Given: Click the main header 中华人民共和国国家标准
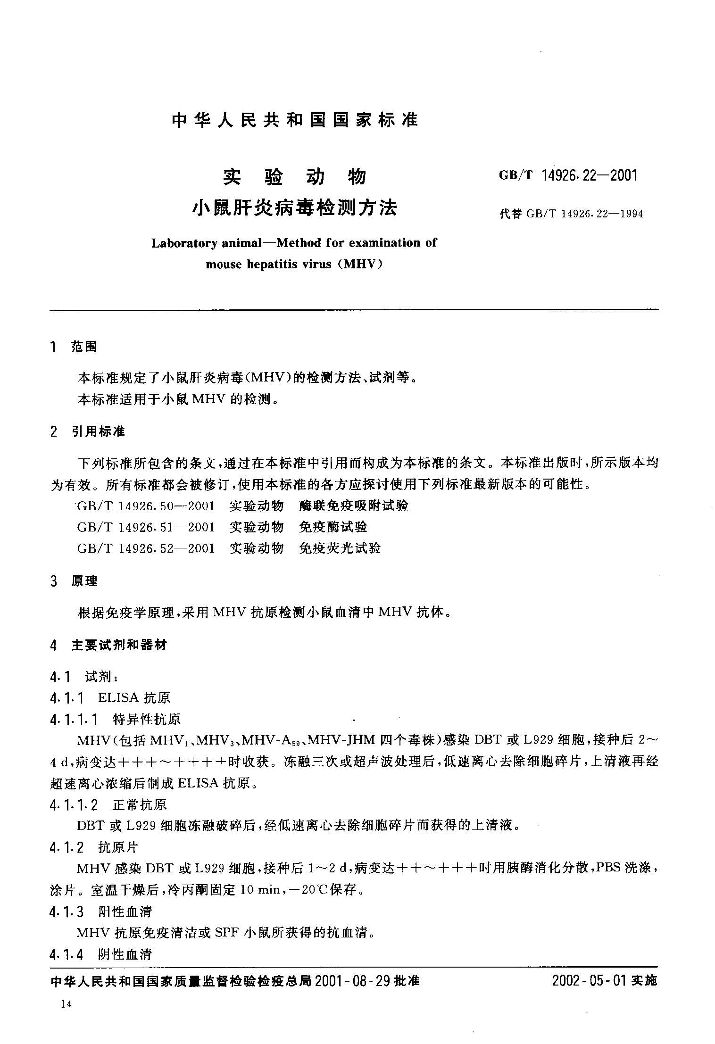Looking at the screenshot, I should (x=295, y=120).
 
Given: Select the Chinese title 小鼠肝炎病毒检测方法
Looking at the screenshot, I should (x=295, y=207).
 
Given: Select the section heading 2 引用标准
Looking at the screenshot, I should (x=88, y=431).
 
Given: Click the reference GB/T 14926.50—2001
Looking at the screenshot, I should (x=146, y=506).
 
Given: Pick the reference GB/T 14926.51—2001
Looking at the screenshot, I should (x=146, y=527).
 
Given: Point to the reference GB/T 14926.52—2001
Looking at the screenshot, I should (x=146, y=548).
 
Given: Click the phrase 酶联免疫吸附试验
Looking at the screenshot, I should (x=354, y=506).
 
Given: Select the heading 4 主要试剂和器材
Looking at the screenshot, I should (x=108, y=645).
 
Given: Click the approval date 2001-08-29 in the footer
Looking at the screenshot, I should (x=352, y=981).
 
